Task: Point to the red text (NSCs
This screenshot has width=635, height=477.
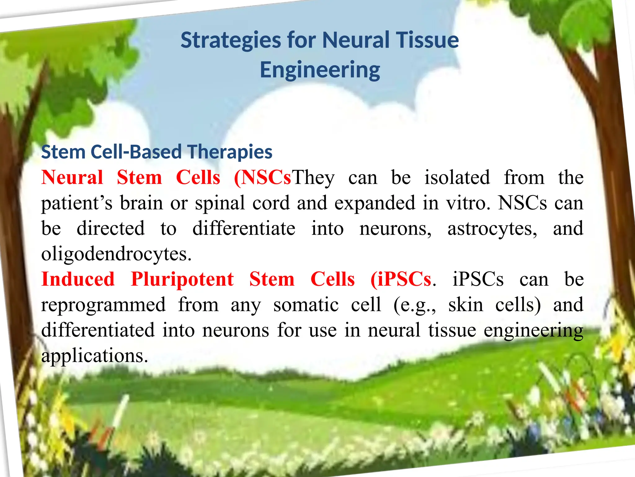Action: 263,178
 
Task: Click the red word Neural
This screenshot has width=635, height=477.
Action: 72,178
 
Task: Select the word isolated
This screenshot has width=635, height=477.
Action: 457,178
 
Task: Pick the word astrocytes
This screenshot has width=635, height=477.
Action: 492,229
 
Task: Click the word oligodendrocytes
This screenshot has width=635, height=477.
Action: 116,254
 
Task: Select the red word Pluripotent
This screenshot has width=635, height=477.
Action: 182,279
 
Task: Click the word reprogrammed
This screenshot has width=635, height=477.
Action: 103,305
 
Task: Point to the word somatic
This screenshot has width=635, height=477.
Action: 306,305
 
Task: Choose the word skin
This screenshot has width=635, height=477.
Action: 466,305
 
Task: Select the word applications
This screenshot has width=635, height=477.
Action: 95,356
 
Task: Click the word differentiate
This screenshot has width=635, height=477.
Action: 244,229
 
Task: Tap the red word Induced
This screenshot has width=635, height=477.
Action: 78,279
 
